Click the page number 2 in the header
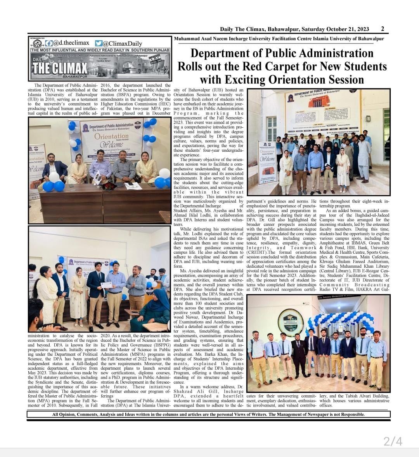(x=382, y=29)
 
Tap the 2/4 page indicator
(x=393, y=441)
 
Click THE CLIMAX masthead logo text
(x=60, y=68)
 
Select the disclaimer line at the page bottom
(x=208, y=414)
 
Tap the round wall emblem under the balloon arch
(x=290, y=320)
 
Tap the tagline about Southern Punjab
(x=100, y=50)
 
